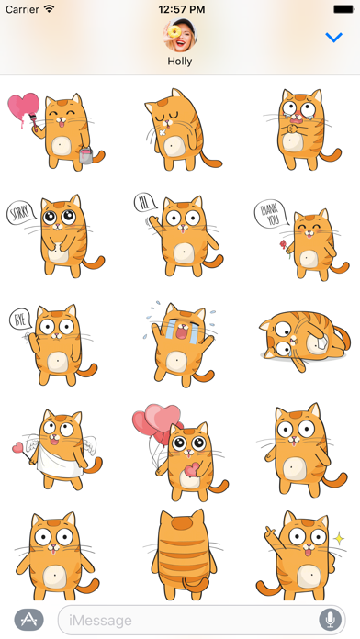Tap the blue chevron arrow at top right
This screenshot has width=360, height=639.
pos(333,38)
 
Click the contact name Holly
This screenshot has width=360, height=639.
pos(179,62)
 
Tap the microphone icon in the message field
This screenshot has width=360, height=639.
pos(330,620)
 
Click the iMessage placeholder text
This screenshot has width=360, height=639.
pos(100,621)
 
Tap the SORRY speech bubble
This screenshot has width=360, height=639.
pos(19,212)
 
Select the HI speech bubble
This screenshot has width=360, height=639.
pos(145,203)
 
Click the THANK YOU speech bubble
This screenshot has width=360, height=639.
pos(269,214)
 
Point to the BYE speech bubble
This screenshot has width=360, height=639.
pos(20,319)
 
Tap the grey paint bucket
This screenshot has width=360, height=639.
pos(86,156)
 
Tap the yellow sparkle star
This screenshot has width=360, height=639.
pos(339,538)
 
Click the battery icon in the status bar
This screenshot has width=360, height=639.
pos(343,9)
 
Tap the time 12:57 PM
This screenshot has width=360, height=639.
pos(182,9)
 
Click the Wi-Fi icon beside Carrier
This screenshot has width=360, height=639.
pos(49,9)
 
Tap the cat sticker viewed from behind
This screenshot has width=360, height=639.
pos(184,555)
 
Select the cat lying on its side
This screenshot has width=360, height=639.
pos(304,339)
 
